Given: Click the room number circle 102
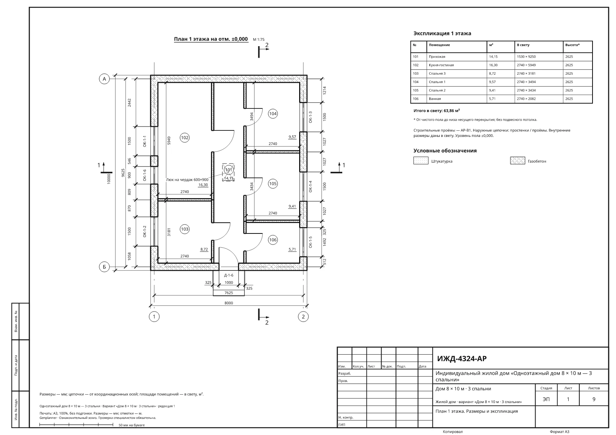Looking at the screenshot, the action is (184, 138).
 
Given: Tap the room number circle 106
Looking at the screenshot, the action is (273, 240).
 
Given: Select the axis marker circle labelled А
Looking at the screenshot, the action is (104, 79).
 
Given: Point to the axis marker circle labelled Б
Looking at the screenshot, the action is (104, 267).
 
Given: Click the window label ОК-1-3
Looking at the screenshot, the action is (310, 117).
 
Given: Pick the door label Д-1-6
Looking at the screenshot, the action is (229, 275).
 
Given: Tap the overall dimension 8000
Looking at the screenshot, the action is (229, 303).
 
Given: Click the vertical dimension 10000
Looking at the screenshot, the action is (109, 178).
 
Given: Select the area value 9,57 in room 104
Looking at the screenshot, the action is (292, 137).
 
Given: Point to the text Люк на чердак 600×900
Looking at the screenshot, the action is (187, 180).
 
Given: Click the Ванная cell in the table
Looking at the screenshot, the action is (435, 98).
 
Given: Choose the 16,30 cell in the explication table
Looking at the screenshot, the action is (493, 65).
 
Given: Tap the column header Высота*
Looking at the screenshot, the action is (572, 45).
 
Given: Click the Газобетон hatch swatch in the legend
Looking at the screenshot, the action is (517, 161).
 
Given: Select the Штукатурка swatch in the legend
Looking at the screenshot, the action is (421, 161).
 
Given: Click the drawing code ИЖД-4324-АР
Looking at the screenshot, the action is (462, 358).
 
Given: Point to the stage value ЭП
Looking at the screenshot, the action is (546, 399).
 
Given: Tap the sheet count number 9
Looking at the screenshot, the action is (594, 399).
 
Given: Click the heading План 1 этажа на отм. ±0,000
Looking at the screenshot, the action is (211, 39).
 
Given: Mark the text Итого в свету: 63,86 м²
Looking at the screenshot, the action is (437, 111).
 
